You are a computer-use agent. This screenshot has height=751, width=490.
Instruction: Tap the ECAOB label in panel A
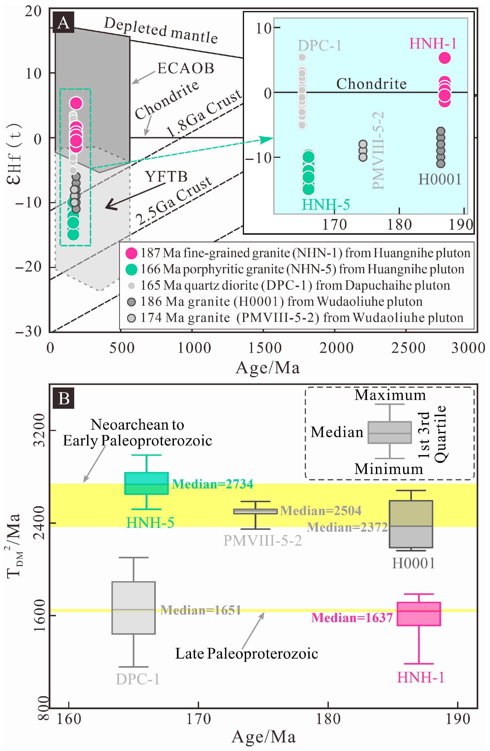pos(185,68)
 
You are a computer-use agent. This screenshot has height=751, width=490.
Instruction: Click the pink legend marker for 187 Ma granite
pos(131,253)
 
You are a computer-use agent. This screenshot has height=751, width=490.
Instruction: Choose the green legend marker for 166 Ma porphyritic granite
pos(131,269)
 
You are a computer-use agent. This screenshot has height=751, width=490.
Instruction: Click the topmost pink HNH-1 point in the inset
pos(444,58)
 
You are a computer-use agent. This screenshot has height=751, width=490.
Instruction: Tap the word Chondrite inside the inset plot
pos(371,84)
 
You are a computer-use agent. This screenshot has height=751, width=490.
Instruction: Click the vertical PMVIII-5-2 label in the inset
pos(378,151)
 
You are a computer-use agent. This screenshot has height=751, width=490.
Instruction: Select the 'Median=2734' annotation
pos(212,484)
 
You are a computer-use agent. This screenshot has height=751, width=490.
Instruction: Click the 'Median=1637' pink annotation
pos(352,618)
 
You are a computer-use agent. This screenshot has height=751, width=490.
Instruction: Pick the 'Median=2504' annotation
pos(321,510)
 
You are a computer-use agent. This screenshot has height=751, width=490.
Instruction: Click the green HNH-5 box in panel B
pos(147,483)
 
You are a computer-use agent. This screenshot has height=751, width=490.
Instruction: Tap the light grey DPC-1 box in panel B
pos(134,608)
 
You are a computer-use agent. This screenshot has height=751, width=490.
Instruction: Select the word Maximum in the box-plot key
pos(390,395)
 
